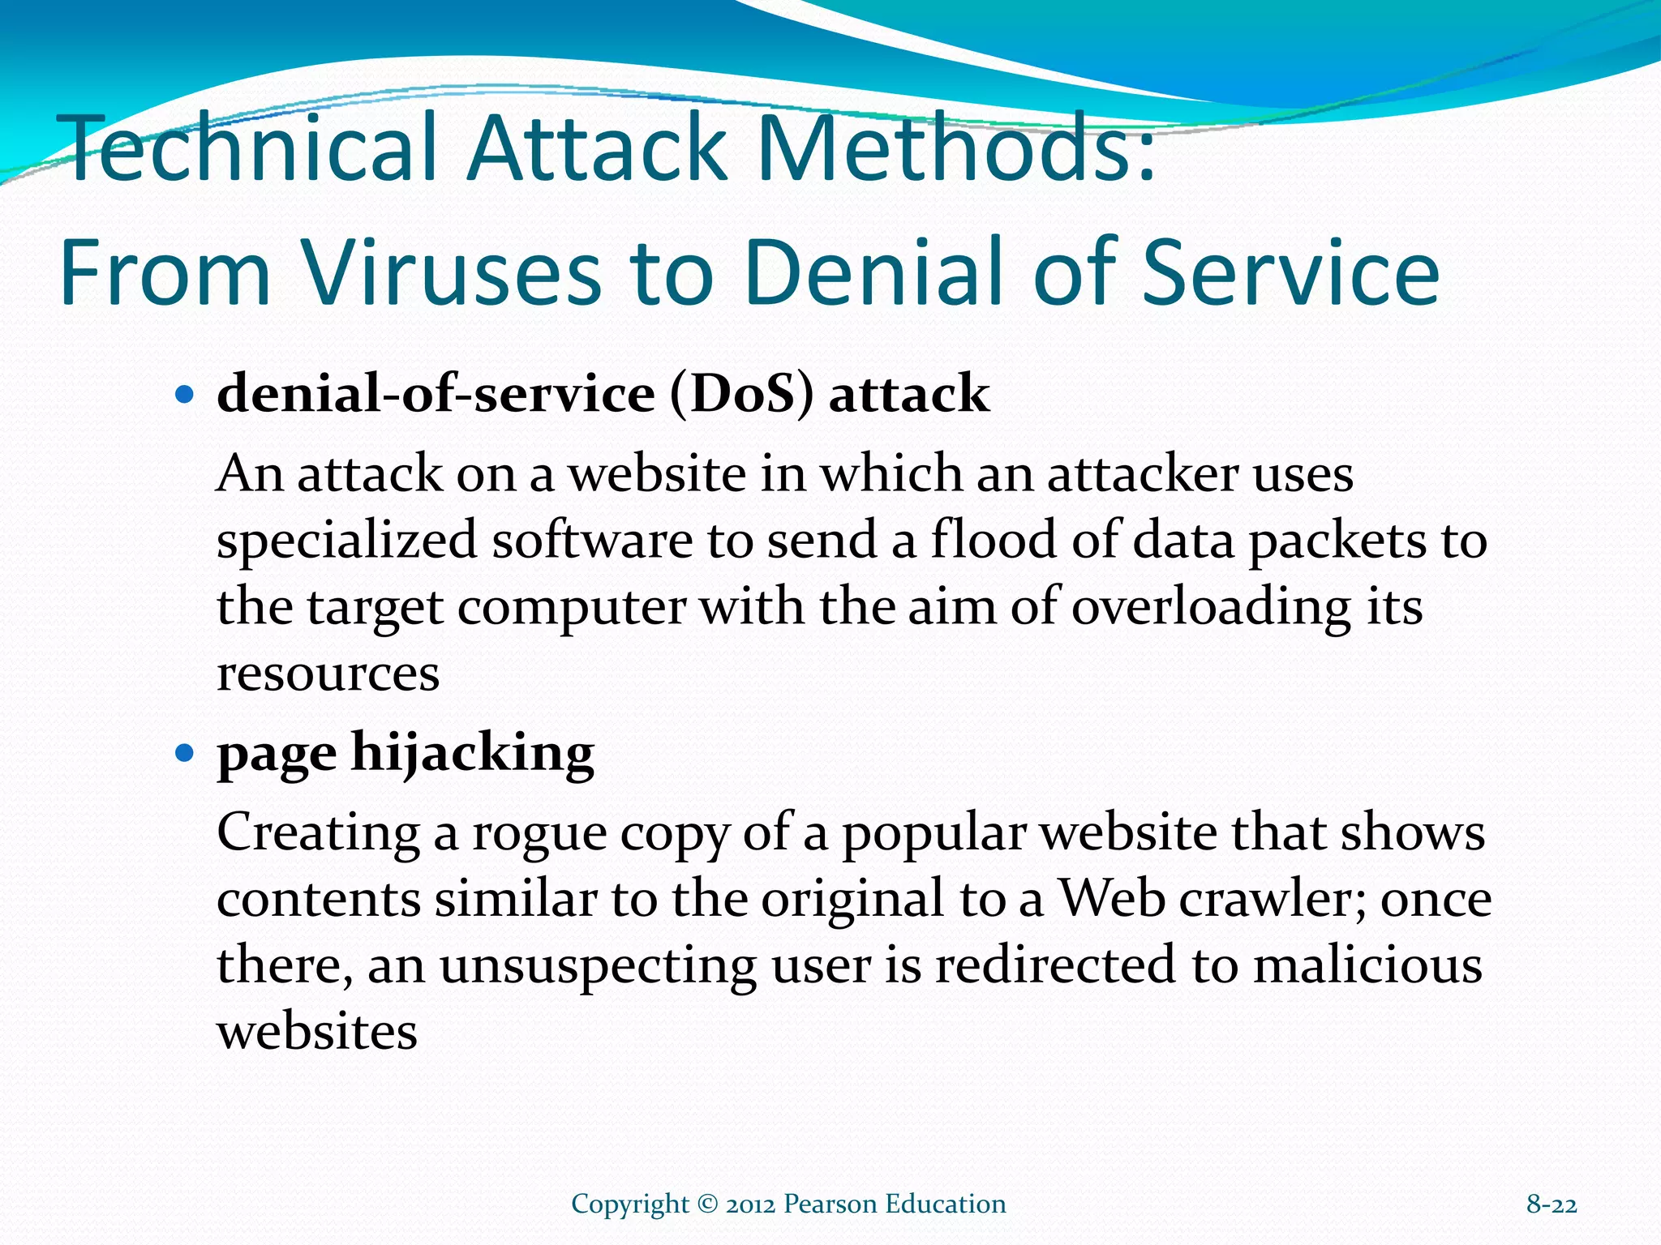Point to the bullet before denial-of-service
click(185, 396)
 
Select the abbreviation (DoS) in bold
click(741, 395)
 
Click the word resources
click(328, 674)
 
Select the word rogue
click(539, 834)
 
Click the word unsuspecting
click(598, 967)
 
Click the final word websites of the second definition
click(317, 1032)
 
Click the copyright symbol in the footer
click(707, 1204)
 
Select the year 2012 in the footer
click(750, 1204)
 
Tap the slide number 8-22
click(1551, 1204)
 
